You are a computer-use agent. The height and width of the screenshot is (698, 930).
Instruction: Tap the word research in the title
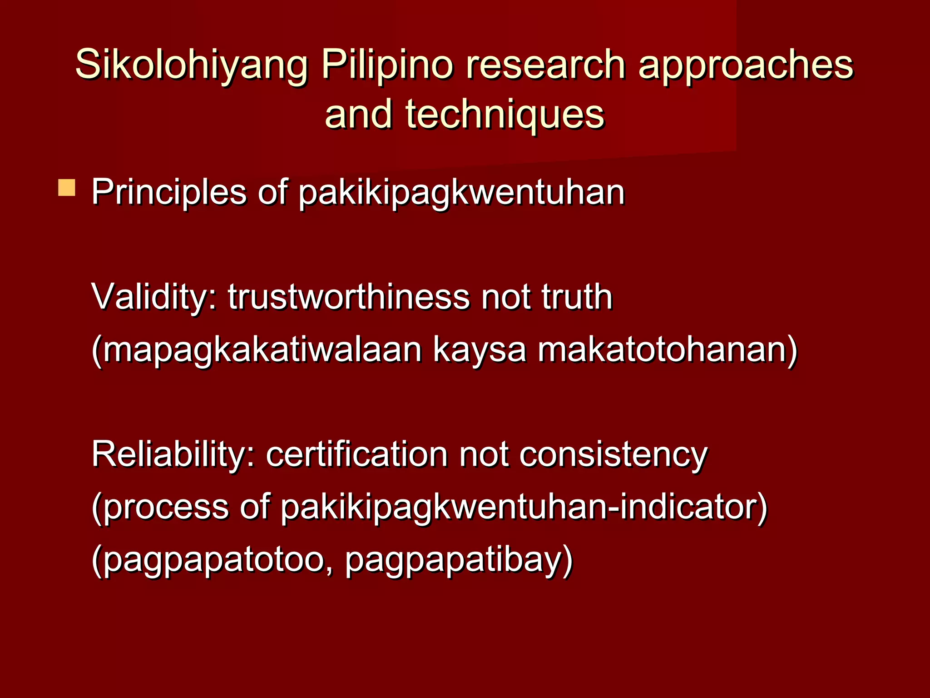click(x=544, y=66)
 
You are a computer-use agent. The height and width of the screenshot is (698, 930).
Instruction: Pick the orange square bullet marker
click(x=67, y=188)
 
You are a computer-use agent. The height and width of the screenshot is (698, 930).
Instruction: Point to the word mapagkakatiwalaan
click(x=259, y=350)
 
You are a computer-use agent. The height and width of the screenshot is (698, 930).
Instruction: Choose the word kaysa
click(x=480, y=350)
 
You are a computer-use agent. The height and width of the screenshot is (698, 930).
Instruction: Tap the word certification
click(x=356, y=455)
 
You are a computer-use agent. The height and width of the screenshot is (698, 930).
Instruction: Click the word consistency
click(x=613, y=455)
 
